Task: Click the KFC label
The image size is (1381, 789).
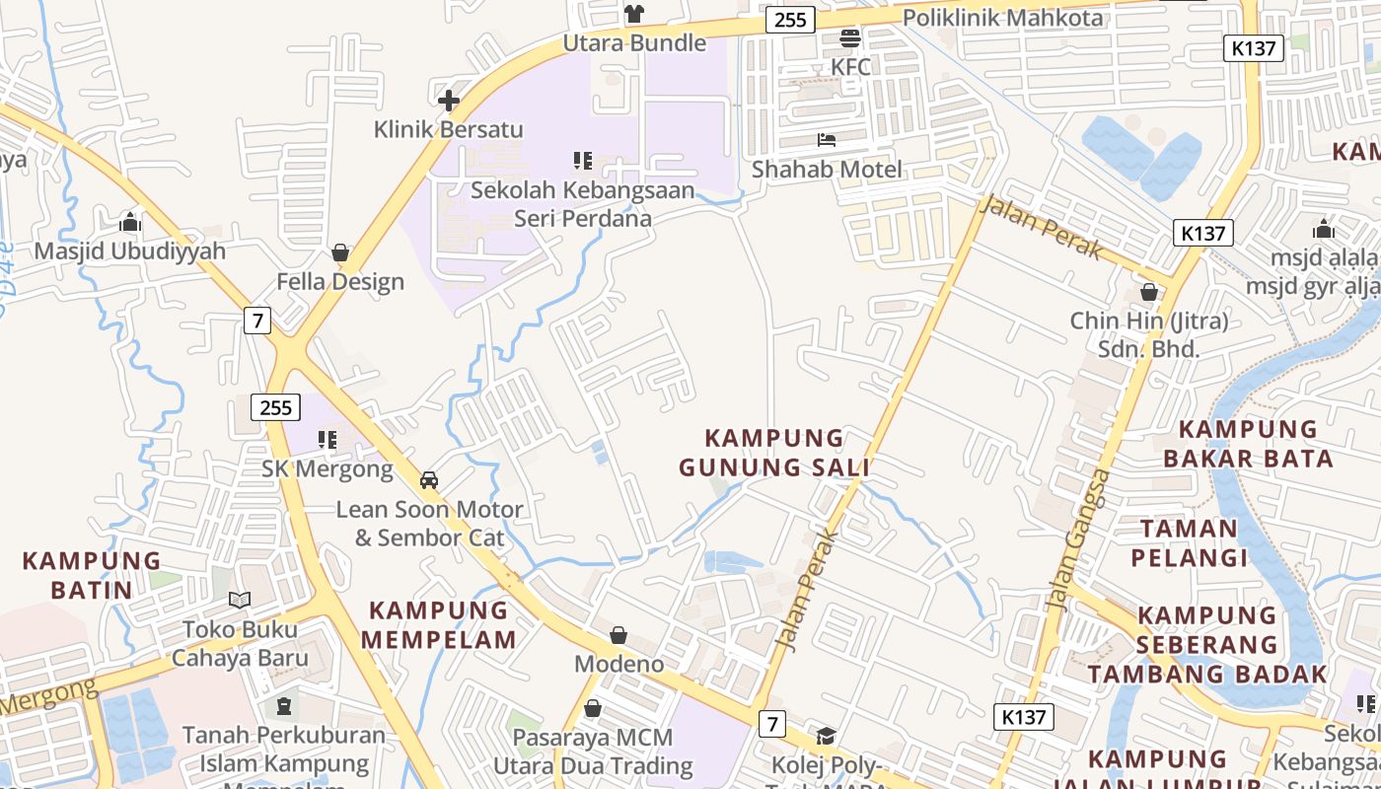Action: (x=850, y=67)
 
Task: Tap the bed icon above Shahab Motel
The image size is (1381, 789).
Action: (x=827, y=140)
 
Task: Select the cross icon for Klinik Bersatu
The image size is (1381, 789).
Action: (x=449, y=100)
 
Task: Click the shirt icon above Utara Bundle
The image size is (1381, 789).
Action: (x=634, y=14)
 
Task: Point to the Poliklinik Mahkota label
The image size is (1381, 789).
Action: (x=1002, y=17)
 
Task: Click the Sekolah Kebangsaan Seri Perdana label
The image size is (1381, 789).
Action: (x=582, y=204)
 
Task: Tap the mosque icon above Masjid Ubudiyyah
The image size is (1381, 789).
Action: (x=130, y=223)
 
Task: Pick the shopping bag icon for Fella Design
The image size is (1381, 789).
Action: (x=340, y=253)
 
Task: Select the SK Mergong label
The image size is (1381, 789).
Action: (x=327, y=468)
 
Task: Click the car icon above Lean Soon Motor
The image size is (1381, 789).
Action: (x=429, y=480)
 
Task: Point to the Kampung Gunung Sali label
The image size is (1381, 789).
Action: (x=774, y=452)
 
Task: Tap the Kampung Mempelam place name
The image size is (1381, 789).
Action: (x=438, y=624)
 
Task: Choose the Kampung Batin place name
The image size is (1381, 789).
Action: (x=91, y=575)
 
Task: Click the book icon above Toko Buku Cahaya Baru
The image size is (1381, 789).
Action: (x=240, y=600)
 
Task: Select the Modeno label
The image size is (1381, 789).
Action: (x=618, y=664)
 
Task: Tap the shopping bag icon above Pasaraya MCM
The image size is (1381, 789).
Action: (x=593, y=708)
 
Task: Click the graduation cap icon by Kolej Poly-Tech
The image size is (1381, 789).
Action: (x=826, y=736)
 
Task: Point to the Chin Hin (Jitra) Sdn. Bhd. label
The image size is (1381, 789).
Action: (x=1149, y=334)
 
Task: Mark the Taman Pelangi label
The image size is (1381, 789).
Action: (x=1189, y=542)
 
